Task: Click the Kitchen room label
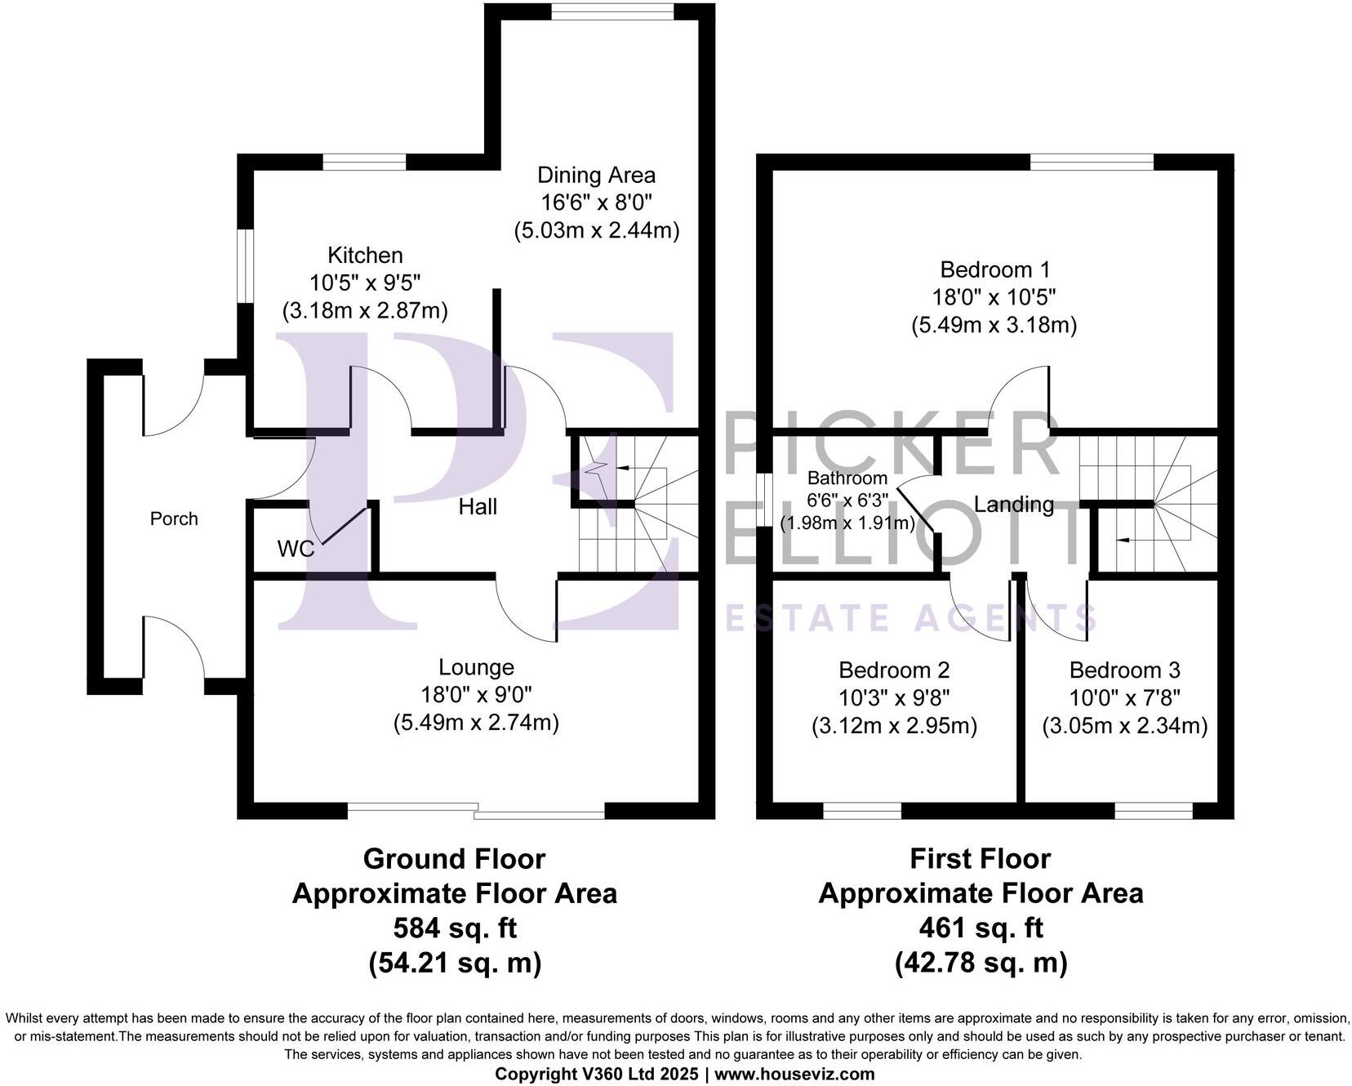(x=365, y=255)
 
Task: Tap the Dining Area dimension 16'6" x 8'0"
(x=596, y=203)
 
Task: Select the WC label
(x=296, y=549)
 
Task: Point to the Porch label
(x=174, y=519)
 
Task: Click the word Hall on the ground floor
(x=478, y=507)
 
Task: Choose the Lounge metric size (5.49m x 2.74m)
(x=476, y=723)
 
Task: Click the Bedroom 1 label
(x=994, y=269)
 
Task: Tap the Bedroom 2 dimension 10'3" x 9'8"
(x=894, y=698)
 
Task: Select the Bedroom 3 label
(x=1124, y=670)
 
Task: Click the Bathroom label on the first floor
(x=847, y=478)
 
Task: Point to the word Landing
(x=1013, y=505)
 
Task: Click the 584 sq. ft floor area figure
(x=455, y=928)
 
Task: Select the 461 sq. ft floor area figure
(x=981, y=928)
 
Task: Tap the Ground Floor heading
(x=454, y=859)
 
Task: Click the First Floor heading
(x=980, y=859)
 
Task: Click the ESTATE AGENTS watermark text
(x=910, y=618)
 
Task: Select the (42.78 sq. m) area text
(x=981, y=964)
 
